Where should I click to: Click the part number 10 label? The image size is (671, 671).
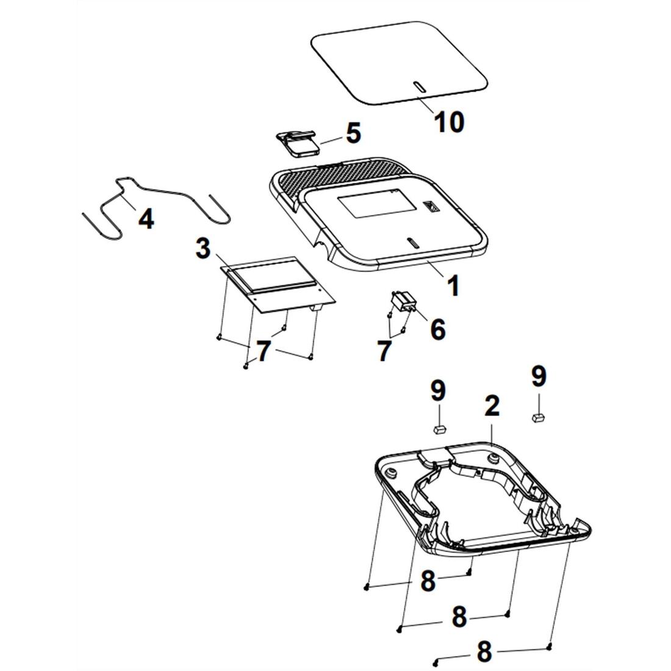pyautogui.click(x=449, y=122)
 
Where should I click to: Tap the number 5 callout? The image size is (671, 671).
pyautogui.click(x=353, y=133)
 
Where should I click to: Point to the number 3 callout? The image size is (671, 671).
pyautogui.click(x=203, y=248)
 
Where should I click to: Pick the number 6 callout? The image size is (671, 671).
pyautogui.click(x=437, y=329)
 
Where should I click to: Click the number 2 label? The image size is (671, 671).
pyautogui.click(x=492, y=406)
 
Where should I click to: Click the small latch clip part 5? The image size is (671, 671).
pyautogui.click(x=297, y=143)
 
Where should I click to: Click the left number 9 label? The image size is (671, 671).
pyautogui.click(x=438, y=390)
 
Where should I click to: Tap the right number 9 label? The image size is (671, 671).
pyautogui.click(x=539, y=376)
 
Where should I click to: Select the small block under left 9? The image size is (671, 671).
pyautogui.click(x=439, y=429)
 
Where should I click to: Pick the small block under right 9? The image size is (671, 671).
pyautogui.click(x=539, y=417)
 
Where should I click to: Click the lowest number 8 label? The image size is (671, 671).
pyautogui.click(x=484, y=651)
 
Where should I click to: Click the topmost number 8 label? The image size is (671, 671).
pyautogui.click(x=428, y=581)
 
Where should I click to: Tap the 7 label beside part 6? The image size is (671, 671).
pyautogui.click(x=384, y=351)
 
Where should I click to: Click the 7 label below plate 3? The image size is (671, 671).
pyautogui.click(x=264, y=351)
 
